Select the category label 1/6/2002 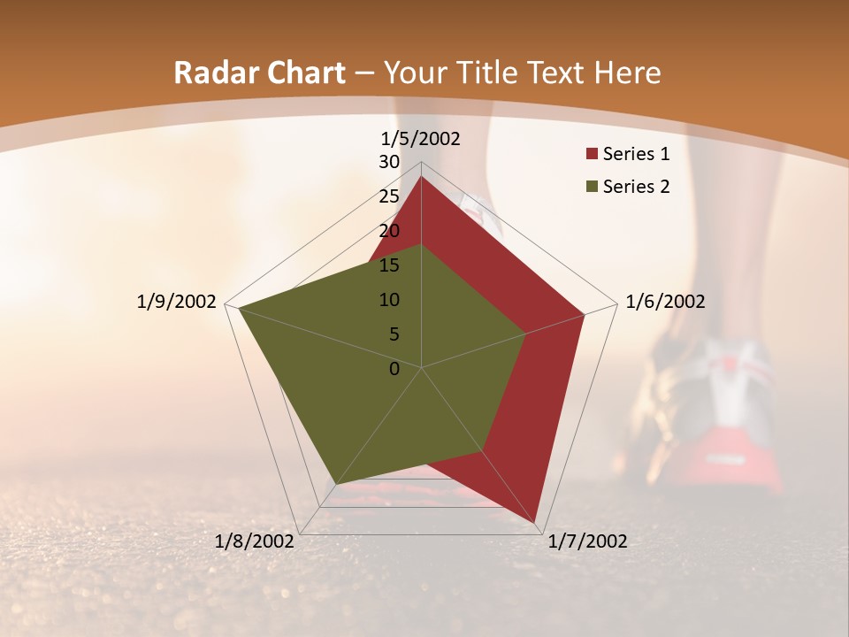click(x=665, y=302)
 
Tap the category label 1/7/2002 click(x=587, y=541)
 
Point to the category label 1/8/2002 click(x=255, y=541)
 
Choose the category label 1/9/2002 click(x=177, y=302)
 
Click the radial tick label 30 click(x=389, y=162)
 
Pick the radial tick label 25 click(x=389, y=196)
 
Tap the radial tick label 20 click(x=389, y=231)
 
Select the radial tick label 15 click(x=389, y=265)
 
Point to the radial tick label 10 click(x=389, y=300)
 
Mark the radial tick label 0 click(x=394, y=369)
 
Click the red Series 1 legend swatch click(x=592, y=155)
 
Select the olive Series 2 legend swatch click(x=592, y=187)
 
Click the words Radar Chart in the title click(x=259, y=73)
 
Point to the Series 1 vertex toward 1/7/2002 click(x=535, y=522)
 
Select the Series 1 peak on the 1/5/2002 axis click(x=421, y=177)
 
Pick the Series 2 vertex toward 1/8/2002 click(x=336, y=484)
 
